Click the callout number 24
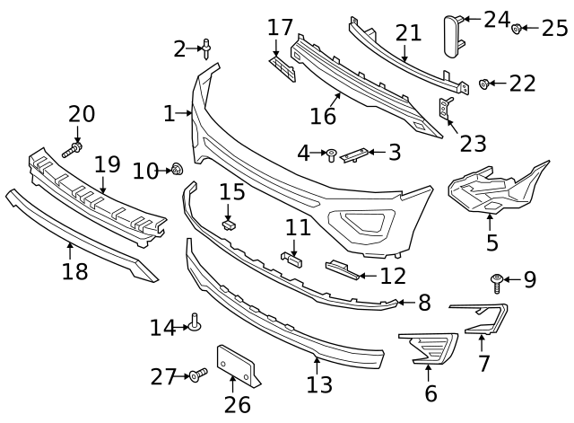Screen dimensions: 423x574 click(496, 19)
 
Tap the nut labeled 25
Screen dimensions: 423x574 click(517, 29)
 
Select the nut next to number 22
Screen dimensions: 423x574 click(484, 84)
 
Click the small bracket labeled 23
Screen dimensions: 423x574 click(444, 109)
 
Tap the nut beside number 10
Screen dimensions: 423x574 click(177, 168)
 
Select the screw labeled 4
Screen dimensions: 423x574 click(331, 155)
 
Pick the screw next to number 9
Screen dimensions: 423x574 click(496, 283)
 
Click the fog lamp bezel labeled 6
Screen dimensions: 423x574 click(428, 347)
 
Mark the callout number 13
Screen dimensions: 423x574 click(319, 385)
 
